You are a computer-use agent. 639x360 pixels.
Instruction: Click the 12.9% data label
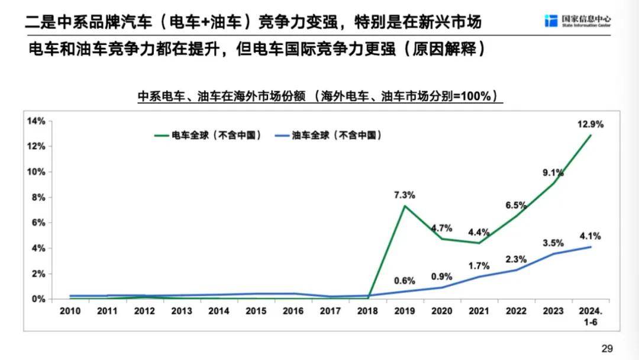tap(590, 124)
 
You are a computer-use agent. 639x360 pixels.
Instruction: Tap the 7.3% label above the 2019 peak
tap(405, 195)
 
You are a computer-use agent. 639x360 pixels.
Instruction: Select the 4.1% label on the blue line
tap(590, 236)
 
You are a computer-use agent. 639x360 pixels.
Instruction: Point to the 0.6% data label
tap(405, 281)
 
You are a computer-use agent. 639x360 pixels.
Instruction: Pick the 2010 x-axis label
tap(69, 311)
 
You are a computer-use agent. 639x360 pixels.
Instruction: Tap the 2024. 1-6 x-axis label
tap(589, 316)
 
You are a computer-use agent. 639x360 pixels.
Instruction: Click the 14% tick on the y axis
tap(36, 121)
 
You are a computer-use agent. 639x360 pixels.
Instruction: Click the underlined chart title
tap(317, 97)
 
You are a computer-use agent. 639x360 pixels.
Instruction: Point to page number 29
tap(606, 348)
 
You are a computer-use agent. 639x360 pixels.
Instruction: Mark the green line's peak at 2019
tap(405, 206)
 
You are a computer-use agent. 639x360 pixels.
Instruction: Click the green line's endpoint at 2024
tap(590, 135)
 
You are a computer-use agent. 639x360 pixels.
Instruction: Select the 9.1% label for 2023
tap(553, 173)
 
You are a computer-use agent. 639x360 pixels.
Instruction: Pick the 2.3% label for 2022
tap(516, 259)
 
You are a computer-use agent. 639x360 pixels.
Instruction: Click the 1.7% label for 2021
tap(479, 266)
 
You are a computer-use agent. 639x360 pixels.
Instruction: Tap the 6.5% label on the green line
tap(516, 205)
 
